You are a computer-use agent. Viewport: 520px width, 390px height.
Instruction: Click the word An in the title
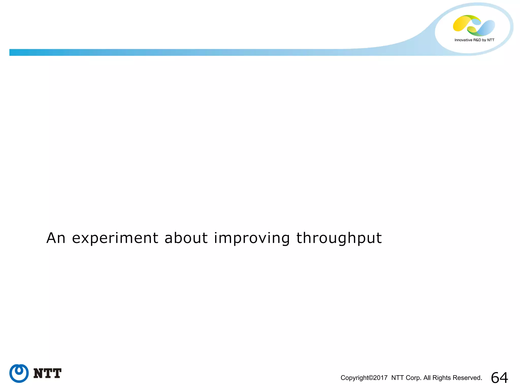coord(56,238)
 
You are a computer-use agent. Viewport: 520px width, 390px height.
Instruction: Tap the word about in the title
coord(186,238)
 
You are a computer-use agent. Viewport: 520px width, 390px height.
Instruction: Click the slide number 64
coord(499,378)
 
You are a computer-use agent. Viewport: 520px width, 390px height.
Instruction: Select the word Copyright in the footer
coord(354,378)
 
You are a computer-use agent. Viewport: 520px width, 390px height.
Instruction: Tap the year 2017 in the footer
coord(380,378)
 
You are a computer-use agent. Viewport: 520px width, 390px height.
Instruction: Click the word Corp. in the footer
coord(414,378)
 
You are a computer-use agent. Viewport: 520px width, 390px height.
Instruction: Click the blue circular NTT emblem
coord(19,373)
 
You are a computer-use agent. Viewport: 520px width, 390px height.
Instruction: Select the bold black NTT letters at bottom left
coord(47,373)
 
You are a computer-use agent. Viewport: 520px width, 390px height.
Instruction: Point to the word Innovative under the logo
coord(463,40)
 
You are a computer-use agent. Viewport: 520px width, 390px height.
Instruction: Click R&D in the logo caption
coord(477,40)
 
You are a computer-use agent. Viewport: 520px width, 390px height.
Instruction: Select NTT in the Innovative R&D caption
coord(491,40)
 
